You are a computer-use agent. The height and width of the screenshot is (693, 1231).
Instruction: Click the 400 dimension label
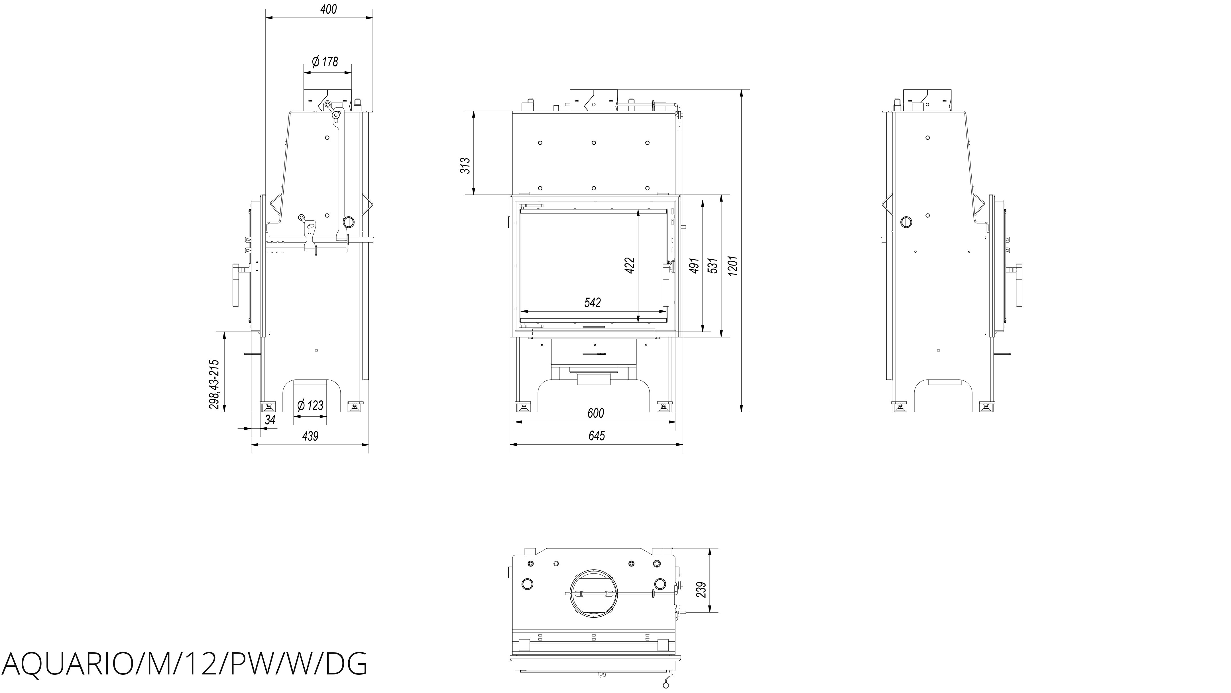pos(328,9)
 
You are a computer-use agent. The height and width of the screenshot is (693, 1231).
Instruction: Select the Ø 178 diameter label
pos(325,62)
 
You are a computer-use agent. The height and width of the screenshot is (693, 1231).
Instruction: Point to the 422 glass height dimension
pos(630,265)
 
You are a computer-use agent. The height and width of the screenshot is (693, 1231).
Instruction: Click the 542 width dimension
pos(593,302)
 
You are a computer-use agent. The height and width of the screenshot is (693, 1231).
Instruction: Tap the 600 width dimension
pos(595,413)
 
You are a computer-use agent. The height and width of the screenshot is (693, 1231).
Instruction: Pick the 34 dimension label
pos(270,420)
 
